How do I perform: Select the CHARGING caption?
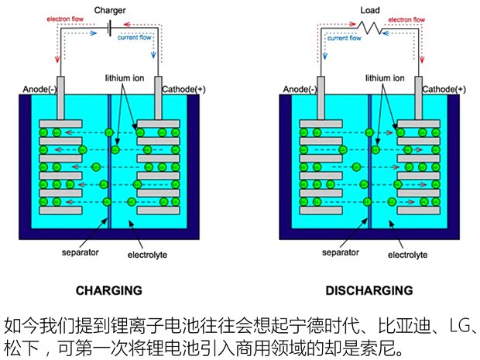click(108, 291)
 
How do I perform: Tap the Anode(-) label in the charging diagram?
click(39, 89)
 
